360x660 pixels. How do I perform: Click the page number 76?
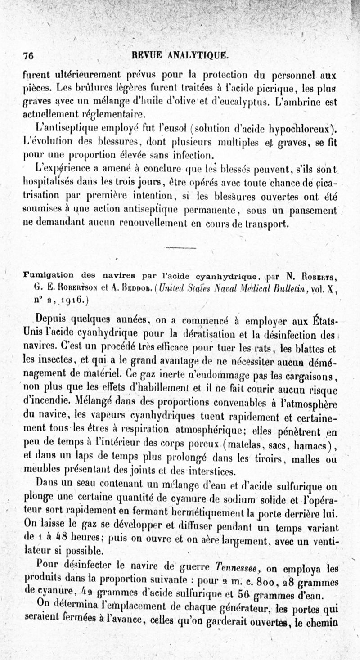(29, 56)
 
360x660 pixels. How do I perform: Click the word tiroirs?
(269, 459)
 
